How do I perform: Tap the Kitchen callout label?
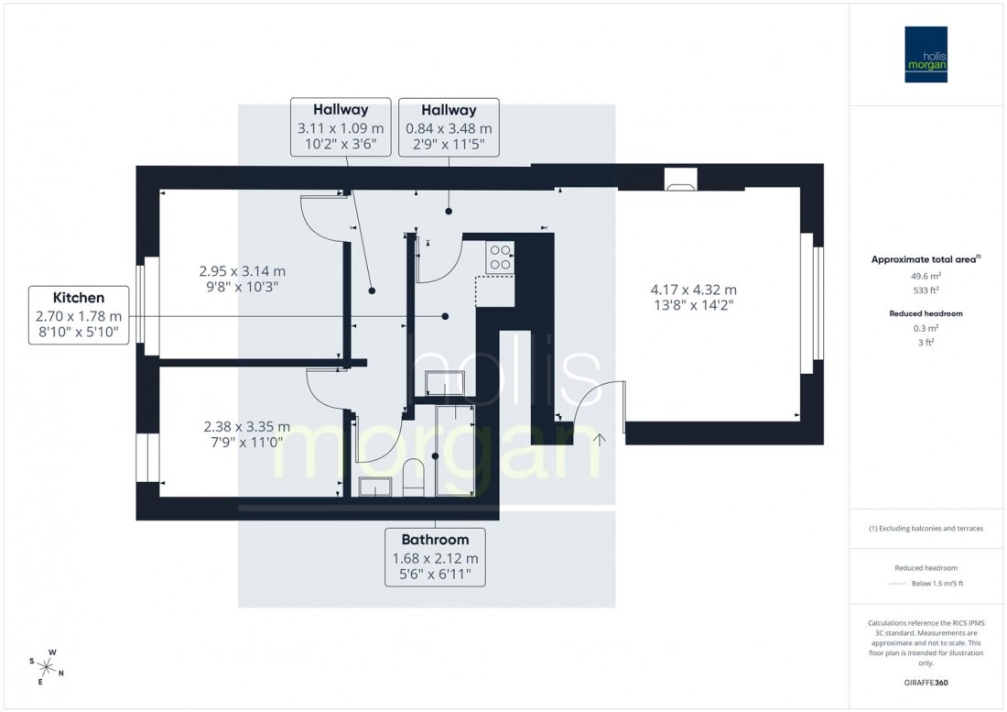(x=78, y=315)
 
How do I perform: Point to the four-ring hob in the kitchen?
(x=500, y=256)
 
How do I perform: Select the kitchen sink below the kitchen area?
(x=446, y=384)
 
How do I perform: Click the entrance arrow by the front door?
(x=601, y=440)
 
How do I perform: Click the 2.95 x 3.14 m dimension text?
(x=243, y=279)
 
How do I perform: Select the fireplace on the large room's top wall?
(x=680, y=181)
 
